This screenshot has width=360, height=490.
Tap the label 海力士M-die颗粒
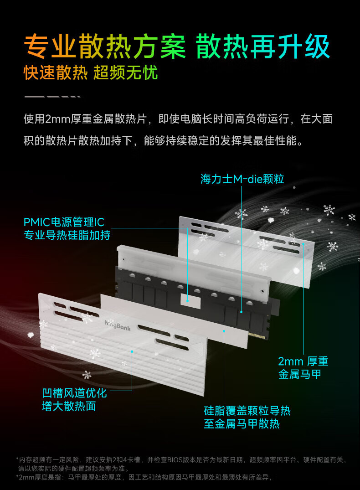[x=242, y=179]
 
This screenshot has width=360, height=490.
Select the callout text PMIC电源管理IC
[x=64, y=222]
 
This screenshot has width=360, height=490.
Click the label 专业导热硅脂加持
[x=67, y=235]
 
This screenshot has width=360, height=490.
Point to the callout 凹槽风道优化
[x=74, y=393]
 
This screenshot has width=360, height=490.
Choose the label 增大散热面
[x=69, y=406]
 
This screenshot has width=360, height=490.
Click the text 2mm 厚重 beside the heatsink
[x=303, y=361]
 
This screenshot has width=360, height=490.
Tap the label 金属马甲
[x=300, y=374]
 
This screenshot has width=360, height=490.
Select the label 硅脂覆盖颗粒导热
[x=247, y=411]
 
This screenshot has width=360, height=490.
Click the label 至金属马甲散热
[x=242, y=424]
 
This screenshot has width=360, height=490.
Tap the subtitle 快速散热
[x=56, y=72]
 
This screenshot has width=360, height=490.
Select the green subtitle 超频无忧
[x=126, y=72]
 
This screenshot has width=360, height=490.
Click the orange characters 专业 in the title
[x=50, y=46]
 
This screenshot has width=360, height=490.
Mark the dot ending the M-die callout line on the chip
[x=241, y=312]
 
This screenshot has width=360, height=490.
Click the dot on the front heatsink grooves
[x=132, y=351]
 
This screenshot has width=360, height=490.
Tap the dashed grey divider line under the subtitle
[x=52, y=97]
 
